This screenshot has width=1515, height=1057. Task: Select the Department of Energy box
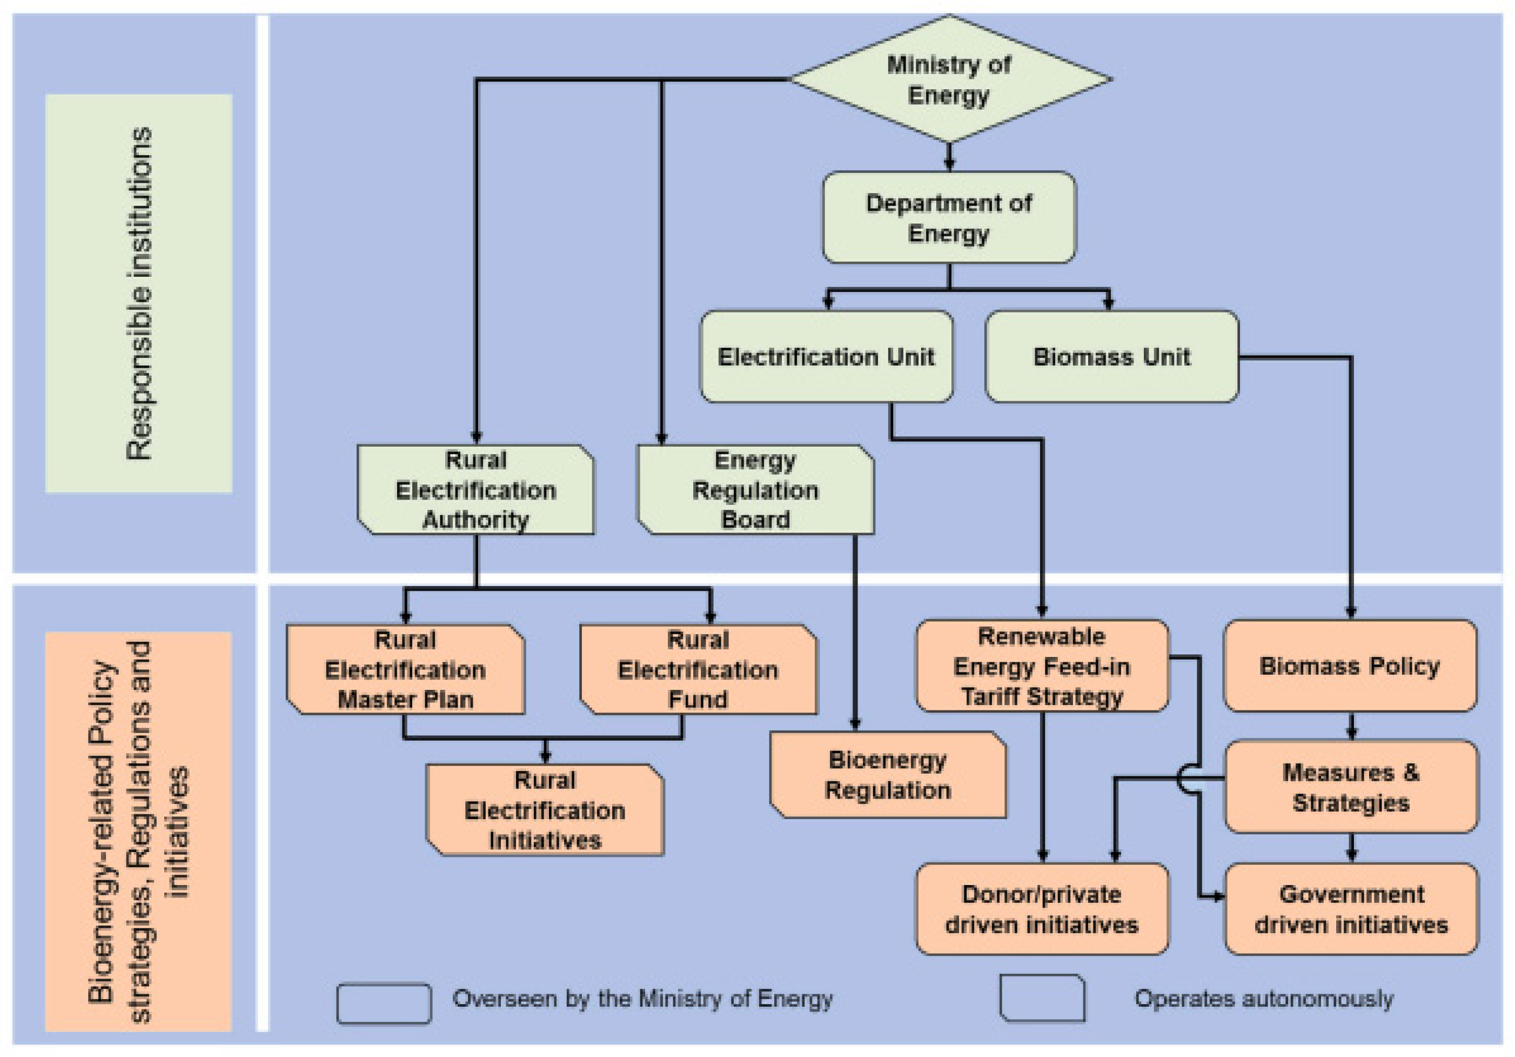[949, 218]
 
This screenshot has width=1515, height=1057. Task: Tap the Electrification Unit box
[826, 356]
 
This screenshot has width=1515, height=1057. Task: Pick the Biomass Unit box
[1112, 356]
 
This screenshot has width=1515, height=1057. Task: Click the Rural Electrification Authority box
[476, 489]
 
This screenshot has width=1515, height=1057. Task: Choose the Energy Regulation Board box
[755, 489]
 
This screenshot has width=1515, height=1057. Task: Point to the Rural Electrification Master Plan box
[406, 669]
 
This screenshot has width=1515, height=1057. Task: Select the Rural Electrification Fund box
[698, 669]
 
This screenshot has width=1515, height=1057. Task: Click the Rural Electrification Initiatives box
[545, 810]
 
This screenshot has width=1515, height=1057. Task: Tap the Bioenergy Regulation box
[888, 774]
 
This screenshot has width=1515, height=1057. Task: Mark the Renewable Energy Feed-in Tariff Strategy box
[1042, 666]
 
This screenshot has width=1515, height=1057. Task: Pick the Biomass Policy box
[1350, 666]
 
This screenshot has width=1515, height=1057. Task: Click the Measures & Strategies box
[1351, 786]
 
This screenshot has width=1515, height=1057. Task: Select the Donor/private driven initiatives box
[1042, 908]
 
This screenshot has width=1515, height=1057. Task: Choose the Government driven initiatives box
[1351, 908]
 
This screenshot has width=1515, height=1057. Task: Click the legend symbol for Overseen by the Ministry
[384, 1003]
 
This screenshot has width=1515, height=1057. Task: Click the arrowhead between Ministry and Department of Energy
[949, 164]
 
